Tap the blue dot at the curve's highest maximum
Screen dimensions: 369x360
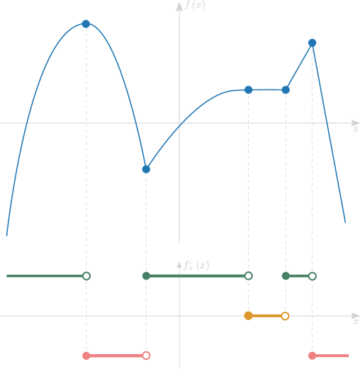[x=86, y=24]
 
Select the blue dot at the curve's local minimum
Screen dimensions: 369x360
[x=146, y=169]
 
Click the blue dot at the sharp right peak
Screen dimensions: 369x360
[x=313, y=43]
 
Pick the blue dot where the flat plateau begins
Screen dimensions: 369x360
[x=248, y=90]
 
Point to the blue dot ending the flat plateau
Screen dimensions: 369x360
[x=286, y=90]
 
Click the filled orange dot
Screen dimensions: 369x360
[x=248, y=316]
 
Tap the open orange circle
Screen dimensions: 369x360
[x=286, y=316]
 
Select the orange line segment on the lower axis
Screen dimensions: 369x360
[x=266, y=316]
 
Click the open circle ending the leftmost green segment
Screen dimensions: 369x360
[x=86, y=276]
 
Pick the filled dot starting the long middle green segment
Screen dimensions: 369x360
[x=146, y=276]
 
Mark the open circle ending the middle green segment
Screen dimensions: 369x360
[x=248, y=276]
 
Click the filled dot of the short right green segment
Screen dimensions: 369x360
[x=286, y=276]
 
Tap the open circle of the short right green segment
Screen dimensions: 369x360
[x=313, y=276]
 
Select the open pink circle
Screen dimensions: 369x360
[x=146, y=356]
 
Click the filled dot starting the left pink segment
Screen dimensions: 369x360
[x=86, y=356]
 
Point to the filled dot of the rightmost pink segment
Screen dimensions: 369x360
[x=313, y=356]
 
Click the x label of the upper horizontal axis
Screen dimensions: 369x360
[x=355, y=129]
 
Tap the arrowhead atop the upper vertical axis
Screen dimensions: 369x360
[x=179, y=8]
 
